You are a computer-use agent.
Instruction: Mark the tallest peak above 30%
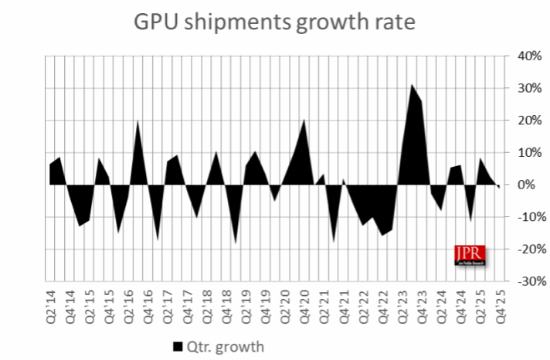click(411, 86)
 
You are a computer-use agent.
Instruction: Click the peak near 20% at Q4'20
click(304, 121)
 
